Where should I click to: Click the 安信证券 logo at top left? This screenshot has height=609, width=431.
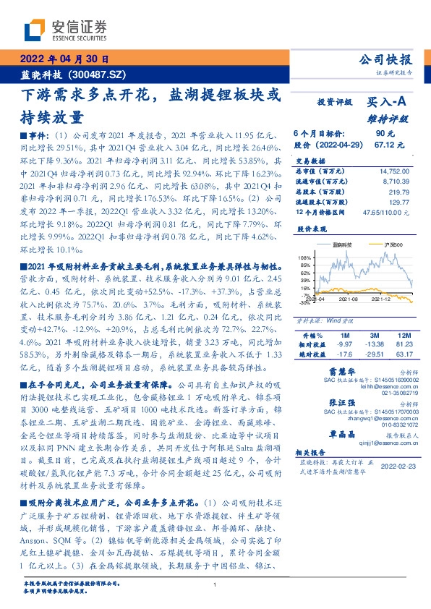(65, 30)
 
